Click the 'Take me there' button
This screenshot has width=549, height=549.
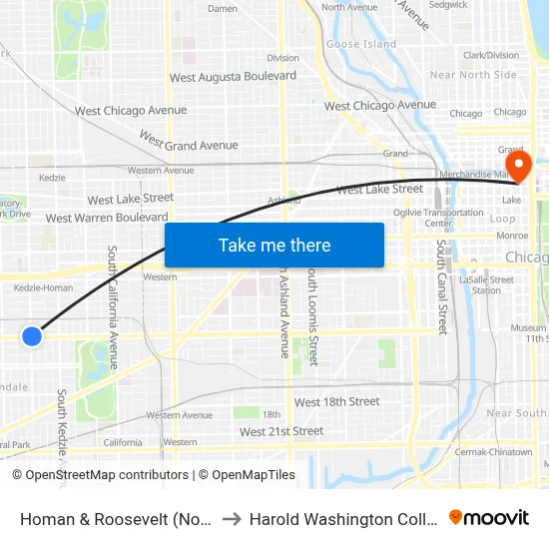pyautogui.click(x=274, y=245)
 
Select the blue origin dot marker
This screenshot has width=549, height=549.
pyautogui.click(x=32, y=335)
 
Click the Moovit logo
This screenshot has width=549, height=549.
pyautogui.click(x=489, y=517)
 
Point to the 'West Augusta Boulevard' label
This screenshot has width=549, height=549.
pyautogui.click(x=233, y=76)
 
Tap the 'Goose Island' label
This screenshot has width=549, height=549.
pyautogui.click(x=361, y=44)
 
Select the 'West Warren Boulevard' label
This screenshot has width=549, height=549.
pyautogui.click(x=107, y=218)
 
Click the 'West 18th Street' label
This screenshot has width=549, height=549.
pyautogui.click(x=336, y=401)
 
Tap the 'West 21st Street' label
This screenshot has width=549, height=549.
pyautogui.click(x=281, y=431)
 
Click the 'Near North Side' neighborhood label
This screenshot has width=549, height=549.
pyautogui.click(x=473, y=75)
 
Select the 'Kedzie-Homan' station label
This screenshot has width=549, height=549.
pyautogui.click(x=44, y=288)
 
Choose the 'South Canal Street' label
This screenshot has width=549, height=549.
pyautogui.click(x=441, y=285)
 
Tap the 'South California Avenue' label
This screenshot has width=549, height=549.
pyautogui.click(x=113, y=307)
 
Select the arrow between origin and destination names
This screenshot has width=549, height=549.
pyautogui.click(x=229, y=519)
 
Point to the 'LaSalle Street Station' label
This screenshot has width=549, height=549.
pyautogui.click(x=486, y=285)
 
